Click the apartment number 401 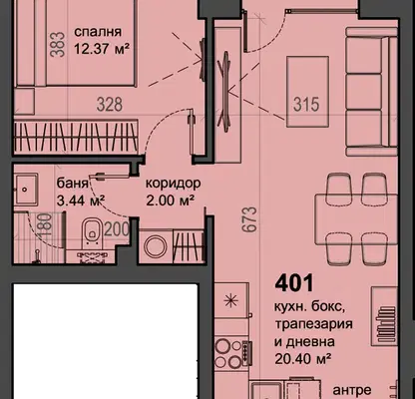coord(294,283)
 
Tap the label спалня coord(98,32)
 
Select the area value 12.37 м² coord(101,49)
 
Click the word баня coord(72,184)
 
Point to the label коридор coord(174,184)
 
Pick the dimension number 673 coord(250,219)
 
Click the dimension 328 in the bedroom coord(110,105)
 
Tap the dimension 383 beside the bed coord(58,44)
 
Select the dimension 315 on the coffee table coord(306,104)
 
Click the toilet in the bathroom coord(92,232)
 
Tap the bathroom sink coord(26,190)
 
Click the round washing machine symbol coord(156,246)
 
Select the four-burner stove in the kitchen coord(231,353)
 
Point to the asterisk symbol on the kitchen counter coord(229,301)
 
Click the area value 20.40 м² coord(302,358)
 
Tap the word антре coord(352,390)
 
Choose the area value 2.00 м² coord(171,200)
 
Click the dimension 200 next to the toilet coord(117,229)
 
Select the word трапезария coord(313,324)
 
